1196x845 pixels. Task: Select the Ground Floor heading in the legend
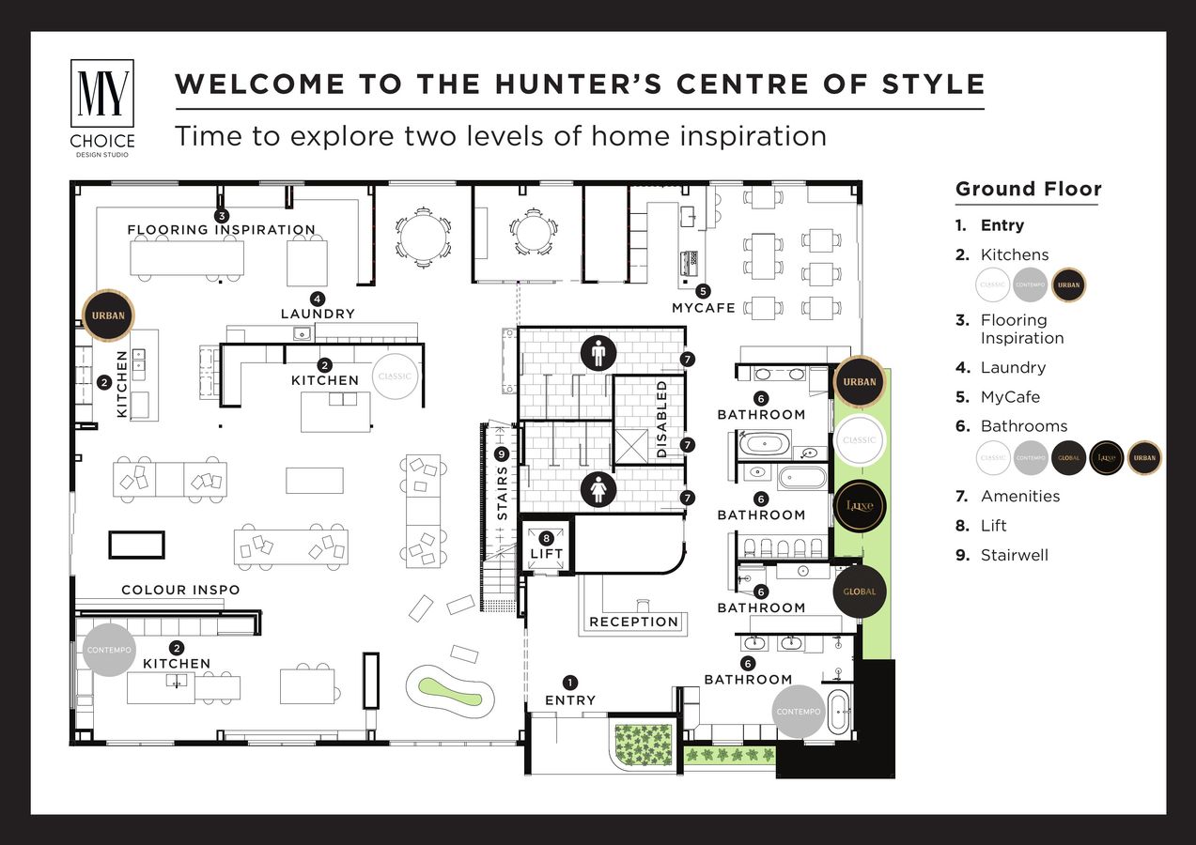pyautogui.click(x=1028, y=189)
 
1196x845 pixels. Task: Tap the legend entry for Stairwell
pyautogui.click(x=1014, y=555)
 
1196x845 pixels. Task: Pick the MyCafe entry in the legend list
pyautogui.click(x=1010, y=397)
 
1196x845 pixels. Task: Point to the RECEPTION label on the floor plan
pyautogui.click(x=633, y=622)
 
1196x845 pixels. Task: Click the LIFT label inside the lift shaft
pyautogui.click(x=546, y=554)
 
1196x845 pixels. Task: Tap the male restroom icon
pyautogui.click(x=598, y=353)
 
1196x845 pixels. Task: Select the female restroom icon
pyautogui.click(x=598, y=489)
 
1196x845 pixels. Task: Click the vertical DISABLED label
pyautogui.click(x=661, y=419)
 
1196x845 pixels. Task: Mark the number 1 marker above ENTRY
pyautogui.click(x=569, y=683)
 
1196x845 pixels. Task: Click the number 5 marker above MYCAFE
pyautogui.click(x=703, y=291)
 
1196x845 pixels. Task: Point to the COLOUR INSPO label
pyautogui.click(x=180, y=590)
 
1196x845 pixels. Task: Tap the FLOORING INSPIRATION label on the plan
pyautogui.click(x=222, y=229)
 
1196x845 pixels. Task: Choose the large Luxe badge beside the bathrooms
pyautogui.click(x=860, y=505)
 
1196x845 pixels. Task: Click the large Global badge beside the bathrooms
pyautogui.click(x=860, y=591)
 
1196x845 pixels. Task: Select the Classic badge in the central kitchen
pyautogui.click(x=395, y=376)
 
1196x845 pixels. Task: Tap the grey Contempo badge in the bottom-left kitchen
pyautogui.click(x=109, y=650)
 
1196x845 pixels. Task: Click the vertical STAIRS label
pyautogui.click(x=503, y=492)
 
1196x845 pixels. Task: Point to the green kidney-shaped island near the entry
pyautogui.click(x=450, y=694)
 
